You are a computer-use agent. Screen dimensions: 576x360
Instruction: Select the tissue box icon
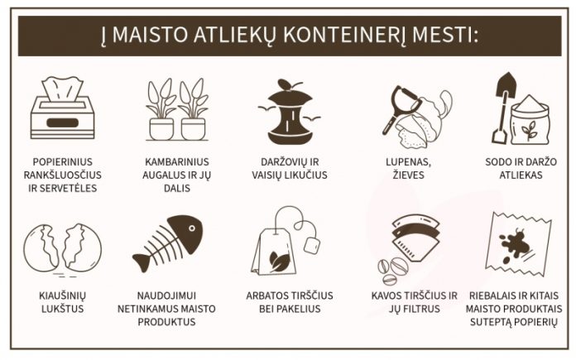(x=62, y=108)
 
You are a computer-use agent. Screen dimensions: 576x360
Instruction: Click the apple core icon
(x=290, y=112)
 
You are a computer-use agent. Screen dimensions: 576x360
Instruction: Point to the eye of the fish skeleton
(x=192, y=228)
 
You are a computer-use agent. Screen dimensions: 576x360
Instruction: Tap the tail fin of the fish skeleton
(x=142, y=262)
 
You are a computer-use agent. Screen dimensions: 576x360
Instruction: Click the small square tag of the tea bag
(x=312, y=245)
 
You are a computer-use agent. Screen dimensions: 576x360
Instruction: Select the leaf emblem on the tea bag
(x=280, y=261)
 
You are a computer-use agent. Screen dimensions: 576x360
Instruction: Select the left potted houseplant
(x=161, y=109)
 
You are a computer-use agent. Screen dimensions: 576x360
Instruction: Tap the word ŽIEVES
(x=409, y=175)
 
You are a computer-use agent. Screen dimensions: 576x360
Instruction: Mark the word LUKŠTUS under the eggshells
(x=62, y=309)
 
